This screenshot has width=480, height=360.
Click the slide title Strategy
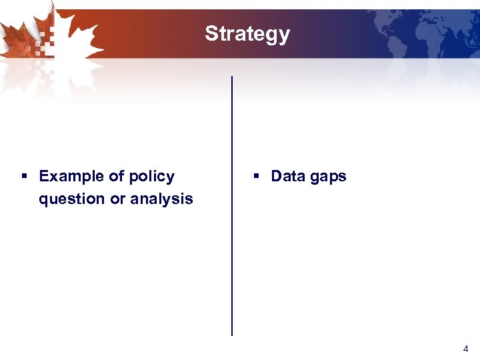pyautogui.click(x=247, y=34)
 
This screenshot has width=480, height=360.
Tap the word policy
pyautogui.click(x=151, y=177)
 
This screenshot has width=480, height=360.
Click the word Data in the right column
pyautogui.click(x=287, y=177)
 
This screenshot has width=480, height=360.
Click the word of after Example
pyautogui.click(x=116, y=177)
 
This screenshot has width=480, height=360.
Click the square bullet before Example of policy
pyautogui.click(x=24, y=177)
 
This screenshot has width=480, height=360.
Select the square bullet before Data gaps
pyautogui.click(x=256, y=177)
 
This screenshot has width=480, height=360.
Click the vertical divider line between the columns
pyautogui.click(x=232, y=207)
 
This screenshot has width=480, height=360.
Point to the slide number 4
pyautogui.click(x=465, y=349)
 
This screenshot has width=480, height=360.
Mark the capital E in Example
pyautogui.click(x=45, y=177)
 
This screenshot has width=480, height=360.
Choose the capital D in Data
pyautogui.click(x=277, y=177)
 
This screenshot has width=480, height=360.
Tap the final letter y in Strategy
pyautogui.click(x=285, y=36)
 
